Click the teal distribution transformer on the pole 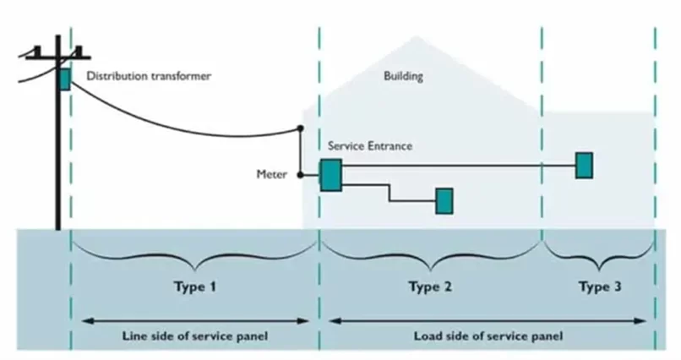click(65, 79)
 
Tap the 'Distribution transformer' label click(149, 76)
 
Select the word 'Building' click(403, 76)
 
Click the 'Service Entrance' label click(369, 146)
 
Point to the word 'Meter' click(272, 175)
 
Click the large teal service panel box click(331, 175)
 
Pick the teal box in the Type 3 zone click(584, 166)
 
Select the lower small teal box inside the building click(444, 201)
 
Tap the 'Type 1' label click(195, 286)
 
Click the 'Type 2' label click(430, 286)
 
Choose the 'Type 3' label click(600, 286)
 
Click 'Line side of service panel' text click(195, 336)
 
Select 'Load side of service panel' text click(488, 336)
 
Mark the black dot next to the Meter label click(300, 175)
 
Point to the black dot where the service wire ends click(300, 128)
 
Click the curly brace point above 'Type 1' click(196, 270)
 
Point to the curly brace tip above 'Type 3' click(600, 270)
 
